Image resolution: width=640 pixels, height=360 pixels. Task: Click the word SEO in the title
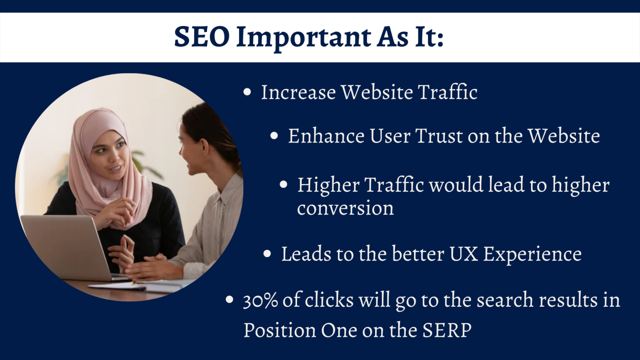[202, 37]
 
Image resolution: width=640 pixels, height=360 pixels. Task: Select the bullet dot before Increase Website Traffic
[247, 92]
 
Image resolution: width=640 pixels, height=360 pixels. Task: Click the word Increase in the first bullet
[298, 92]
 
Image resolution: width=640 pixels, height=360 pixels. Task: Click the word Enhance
[326, 136]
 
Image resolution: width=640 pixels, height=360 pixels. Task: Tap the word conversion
[345, 208]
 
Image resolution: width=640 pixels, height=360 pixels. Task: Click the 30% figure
[260, 301]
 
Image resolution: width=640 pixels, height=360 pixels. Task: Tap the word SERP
[446, 330]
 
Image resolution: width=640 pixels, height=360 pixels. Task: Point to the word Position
[279, 330]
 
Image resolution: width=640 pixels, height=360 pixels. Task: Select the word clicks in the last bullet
[329, 300]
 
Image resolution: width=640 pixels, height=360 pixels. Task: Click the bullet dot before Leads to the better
[267, 253]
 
